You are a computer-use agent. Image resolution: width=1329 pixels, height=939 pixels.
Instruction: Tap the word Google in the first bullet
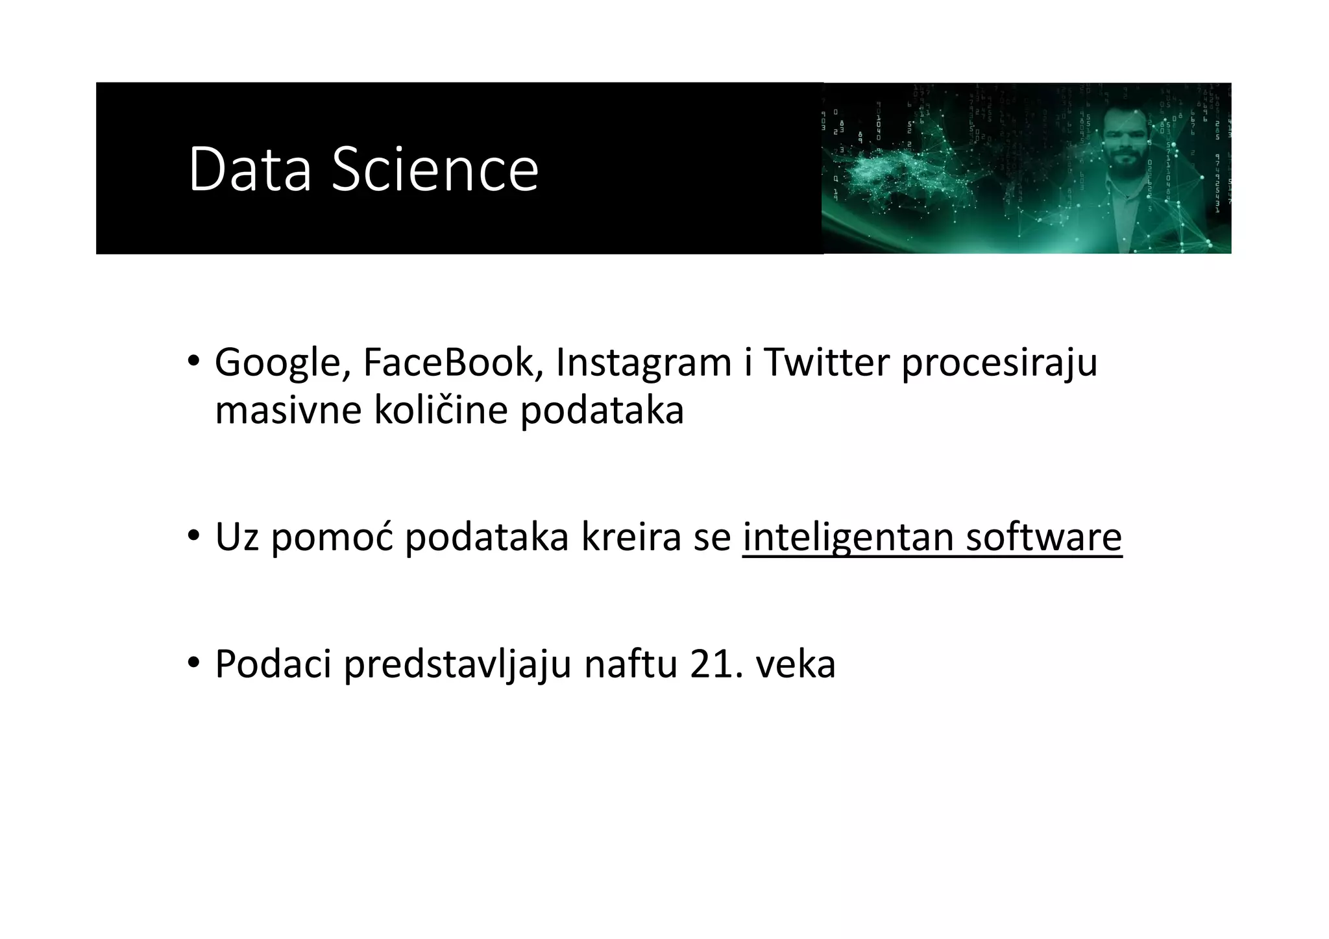[x=278, y=363]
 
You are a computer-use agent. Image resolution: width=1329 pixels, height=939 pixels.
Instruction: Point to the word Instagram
[x=644, y=363]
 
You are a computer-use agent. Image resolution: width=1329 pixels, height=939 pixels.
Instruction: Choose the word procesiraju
[x=999, y=363]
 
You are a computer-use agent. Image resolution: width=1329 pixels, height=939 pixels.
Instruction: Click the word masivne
[x=287, y=411]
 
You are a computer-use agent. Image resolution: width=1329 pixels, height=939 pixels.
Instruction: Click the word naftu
[x=630, y=665]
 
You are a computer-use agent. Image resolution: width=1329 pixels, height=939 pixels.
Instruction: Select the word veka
[x=796, y=665]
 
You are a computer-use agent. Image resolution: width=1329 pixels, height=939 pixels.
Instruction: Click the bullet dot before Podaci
[x=193, y=663]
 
